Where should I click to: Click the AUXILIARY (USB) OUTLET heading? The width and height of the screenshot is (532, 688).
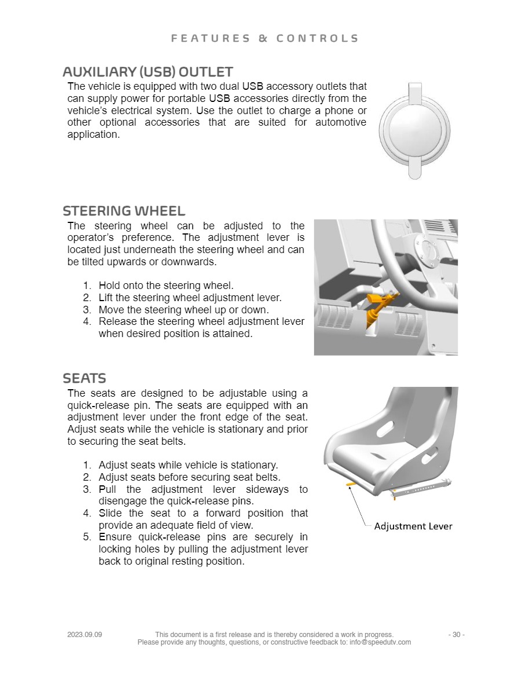pos(147,71)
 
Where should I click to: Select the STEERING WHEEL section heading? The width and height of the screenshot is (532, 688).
pos(124,211)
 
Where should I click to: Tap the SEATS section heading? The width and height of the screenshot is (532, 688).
pos(84,378)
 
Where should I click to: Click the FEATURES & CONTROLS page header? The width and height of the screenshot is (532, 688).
pos(265,39)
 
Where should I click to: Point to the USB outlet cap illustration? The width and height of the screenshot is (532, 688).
pos(414,131)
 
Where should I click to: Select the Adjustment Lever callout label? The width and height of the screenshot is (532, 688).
pos(413,526)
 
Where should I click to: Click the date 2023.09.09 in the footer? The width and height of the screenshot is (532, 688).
pos(85,635)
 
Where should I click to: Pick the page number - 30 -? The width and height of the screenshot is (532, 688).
pos(457,635)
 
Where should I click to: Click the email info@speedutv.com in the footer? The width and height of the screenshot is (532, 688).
pos(380,642)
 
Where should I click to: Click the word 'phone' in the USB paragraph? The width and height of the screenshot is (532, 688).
pos(339,111)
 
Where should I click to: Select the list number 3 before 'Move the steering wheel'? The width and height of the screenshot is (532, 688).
pos(87,310)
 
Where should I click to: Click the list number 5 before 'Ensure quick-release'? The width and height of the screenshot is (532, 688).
pos(87,537)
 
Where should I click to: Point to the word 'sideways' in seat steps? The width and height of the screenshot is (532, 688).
pos(267,490)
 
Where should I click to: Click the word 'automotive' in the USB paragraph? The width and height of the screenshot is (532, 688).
pos(341,122)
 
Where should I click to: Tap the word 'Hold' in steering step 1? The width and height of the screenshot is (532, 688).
pos(110,286)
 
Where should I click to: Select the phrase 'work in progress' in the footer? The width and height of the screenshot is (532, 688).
pos(365,635)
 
